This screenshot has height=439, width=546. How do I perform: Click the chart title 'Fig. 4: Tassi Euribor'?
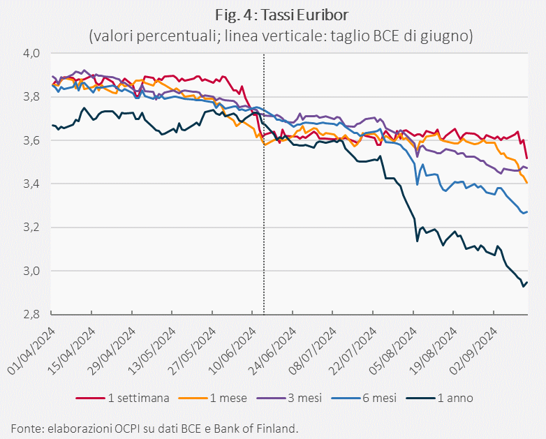(x=281, y=15)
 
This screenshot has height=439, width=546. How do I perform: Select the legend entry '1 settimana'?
(x=123, y=398)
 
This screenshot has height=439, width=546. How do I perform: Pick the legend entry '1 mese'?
(x=212, y=398)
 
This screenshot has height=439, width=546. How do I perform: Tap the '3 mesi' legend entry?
(x=289, y=398)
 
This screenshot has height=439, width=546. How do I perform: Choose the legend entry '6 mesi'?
(x=364, y=398)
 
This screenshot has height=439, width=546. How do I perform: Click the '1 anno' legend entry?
(x=440, y=398)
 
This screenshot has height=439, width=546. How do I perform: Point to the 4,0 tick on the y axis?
(x=32, y=54)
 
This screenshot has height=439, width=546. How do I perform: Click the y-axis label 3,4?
(x=32, y=184)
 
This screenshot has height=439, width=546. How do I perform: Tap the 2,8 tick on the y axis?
(x=32, y=315)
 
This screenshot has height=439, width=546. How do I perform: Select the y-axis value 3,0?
(x=32, y=271)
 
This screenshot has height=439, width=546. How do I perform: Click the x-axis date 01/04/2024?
(x=31, y=351)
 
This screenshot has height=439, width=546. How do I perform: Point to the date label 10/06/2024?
(x=233, y=351)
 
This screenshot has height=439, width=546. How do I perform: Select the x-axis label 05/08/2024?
(x=393, y=351)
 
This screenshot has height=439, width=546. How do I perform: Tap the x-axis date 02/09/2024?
(x=473, y=351)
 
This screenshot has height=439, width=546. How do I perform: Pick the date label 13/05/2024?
(x=152, y=351)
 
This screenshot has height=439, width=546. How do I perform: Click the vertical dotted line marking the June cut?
(x=264, y=184)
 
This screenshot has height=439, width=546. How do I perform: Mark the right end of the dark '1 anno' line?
(x=528, y=282)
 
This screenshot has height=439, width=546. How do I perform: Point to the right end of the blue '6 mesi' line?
(x=528, y=211)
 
